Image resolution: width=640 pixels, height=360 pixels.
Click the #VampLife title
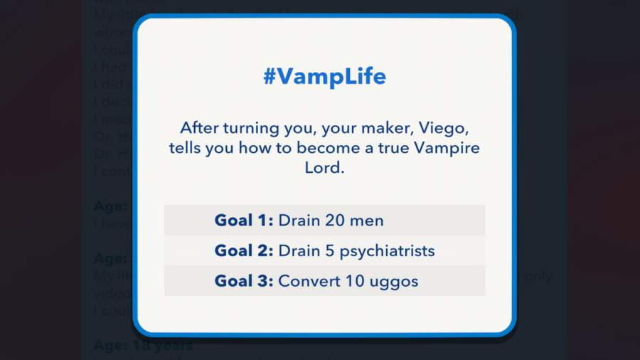[x=324, y=77]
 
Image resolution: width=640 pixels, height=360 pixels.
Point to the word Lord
[x=324, y=170]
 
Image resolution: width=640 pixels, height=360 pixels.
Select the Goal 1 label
[x=243, y=221]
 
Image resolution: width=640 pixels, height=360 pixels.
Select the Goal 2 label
[x=243, y=251]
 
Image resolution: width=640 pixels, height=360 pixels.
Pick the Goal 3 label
[x=243, y=281]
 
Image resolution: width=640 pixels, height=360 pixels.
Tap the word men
[x=368, y=221]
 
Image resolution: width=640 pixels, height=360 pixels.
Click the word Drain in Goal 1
[x=299, y=221]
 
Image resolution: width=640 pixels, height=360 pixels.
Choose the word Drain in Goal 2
[x=299, y=251]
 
